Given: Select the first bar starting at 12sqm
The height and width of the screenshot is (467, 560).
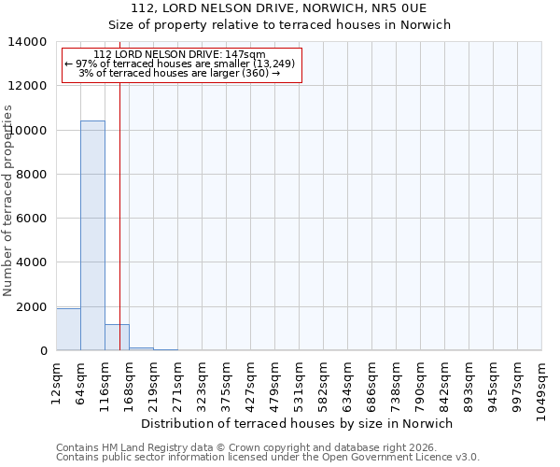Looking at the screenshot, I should [68, 330].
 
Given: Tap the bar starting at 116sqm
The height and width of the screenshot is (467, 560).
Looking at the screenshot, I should [117, 337].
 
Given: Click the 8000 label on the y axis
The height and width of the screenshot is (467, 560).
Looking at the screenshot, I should [35, 175].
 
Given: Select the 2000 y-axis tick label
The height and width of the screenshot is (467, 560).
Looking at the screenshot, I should [35, 307].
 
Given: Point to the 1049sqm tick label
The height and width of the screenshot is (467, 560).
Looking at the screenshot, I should [542, 381].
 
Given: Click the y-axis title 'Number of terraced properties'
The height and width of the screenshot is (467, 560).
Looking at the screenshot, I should [8, 200].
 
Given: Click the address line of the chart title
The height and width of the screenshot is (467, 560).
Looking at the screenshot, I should [279, 8].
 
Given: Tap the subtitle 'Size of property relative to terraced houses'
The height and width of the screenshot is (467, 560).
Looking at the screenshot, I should [279, 25].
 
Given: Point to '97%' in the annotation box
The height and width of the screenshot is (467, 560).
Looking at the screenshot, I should [86, 64].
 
